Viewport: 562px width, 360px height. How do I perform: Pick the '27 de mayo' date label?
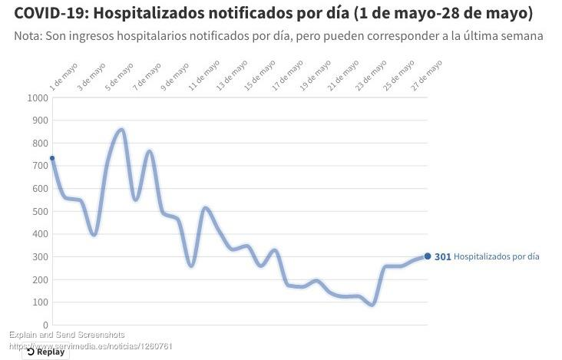click(428, 78)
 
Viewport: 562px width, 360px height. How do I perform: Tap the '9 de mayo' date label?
click(176, 78)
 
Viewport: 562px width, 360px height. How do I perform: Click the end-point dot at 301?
click(428, 256)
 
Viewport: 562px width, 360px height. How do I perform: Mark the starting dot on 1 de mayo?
click(52, 158)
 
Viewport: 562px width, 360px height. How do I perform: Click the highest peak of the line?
click(121, 129)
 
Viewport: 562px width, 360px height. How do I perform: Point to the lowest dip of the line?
click(372, 305)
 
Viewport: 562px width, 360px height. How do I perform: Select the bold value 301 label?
click(442, 257)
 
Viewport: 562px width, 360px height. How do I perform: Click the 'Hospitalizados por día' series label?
click(496, 257)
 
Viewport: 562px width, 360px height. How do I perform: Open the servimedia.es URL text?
click(91, 345)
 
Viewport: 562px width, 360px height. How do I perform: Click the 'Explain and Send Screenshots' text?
click(67, 335)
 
